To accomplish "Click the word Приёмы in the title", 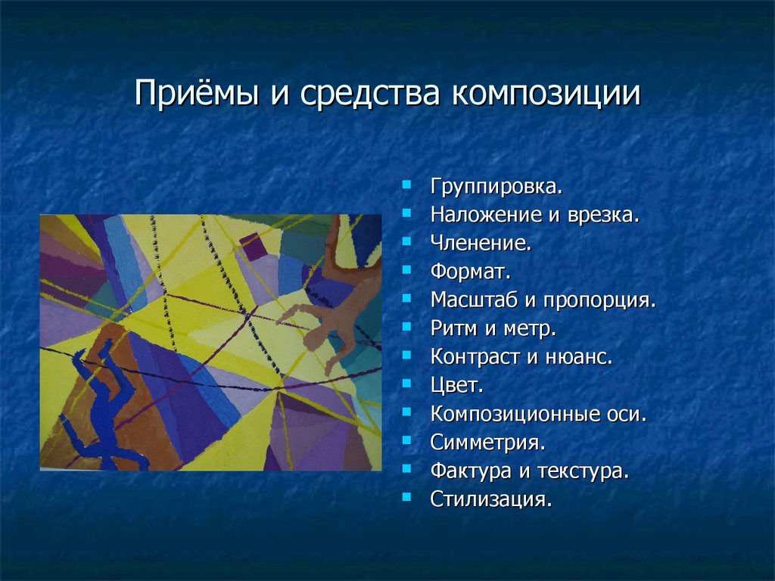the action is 196,93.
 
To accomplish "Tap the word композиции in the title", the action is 546,94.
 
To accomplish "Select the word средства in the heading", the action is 369,94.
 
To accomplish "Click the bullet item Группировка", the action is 496,188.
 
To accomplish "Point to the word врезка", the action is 603,216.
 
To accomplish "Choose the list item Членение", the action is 481,243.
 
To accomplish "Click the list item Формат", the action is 470,272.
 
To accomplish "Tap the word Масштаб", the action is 474,300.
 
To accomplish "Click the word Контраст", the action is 475,357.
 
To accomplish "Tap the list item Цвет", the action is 456,385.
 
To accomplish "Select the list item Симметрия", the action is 487,442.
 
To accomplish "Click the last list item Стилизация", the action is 490,499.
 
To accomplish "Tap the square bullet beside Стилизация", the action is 406,496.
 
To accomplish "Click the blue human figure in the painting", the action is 103,405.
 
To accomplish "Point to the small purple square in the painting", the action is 254,247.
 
